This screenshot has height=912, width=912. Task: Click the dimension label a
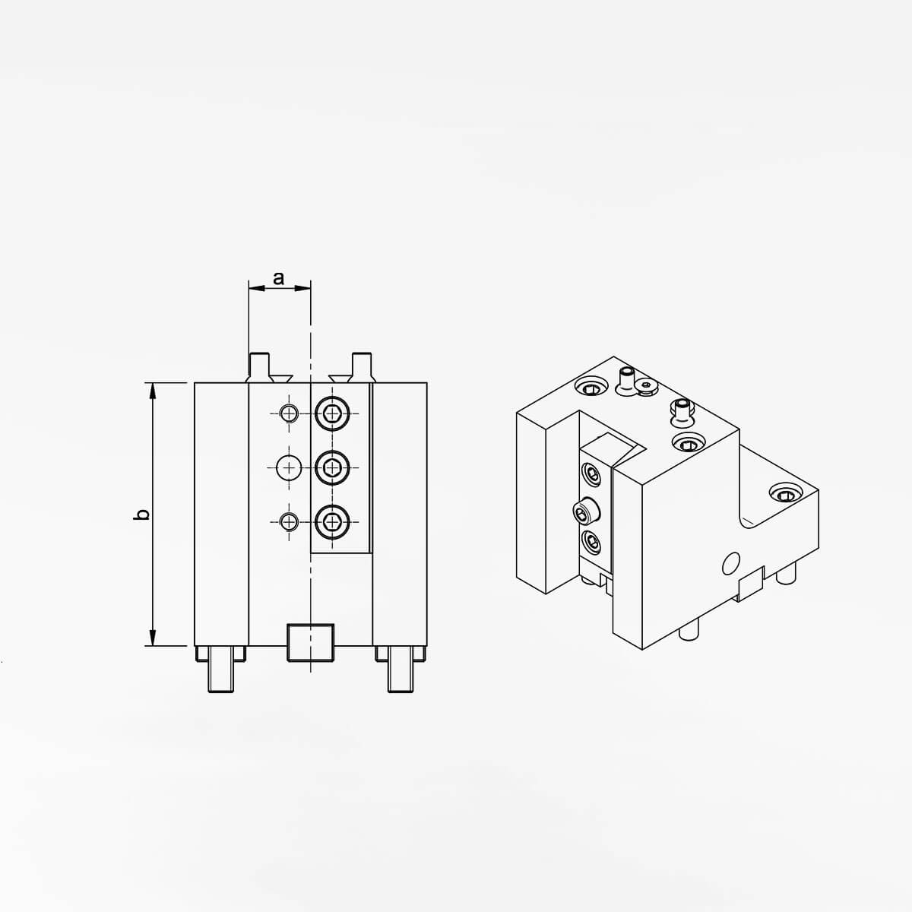click(x=279, y=278)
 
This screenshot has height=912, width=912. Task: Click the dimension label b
click(x=141, y=515)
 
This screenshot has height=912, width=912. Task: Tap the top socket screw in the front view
click(x=332, y=413)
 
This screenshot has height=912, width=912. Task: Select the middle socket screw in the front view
click(x=332, y=466)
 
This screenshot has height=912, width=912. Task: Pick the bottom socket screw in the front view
click(x=332, y=521)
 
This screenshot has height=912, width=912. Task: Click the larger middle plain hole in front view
click(x=289, y=466)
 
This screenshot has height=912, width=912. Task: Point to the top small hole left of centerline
click(x=288, y=413)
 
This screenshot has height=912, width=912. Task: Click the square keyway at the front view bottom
click(x=310, y=642)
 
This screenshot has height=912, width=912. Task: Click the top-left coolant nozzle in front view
click(x=261, y=367)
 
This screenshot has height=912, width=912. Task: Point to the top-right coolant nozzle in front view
click(x=361, y=367)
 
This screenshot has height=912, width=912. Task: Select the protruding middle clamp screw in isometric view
click(x=583, y=513)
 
